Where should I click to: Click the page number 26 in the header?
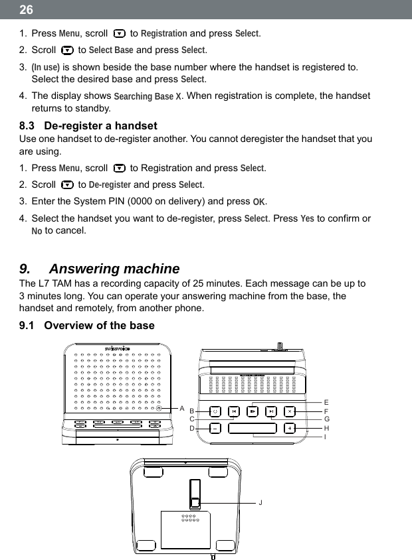click(x=25, y=10)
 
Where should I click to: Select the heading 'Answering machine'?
click(x=114, y=269)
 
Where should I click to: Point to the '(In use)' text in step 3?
click(x=46, y=67)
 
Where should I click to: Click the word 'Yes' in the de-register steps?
click(x=308, y=219)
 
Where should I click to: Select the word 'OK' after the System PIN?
click(x=260, y=202)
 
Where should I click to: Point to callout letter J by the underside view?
click(x=260, y=502)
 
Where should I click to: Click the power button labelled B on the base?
click(x=215, y=411)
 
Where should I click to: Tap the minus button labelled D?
click(x=215, y=428)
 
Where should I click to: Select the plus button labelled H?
click(x=290, y=428)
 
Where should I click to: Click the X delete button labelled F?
click(x=290, y=411)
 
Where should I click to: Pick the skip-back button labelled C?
click(x=235, y=411)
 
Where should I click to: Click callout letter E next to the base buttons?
click(x=326, y=402)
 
